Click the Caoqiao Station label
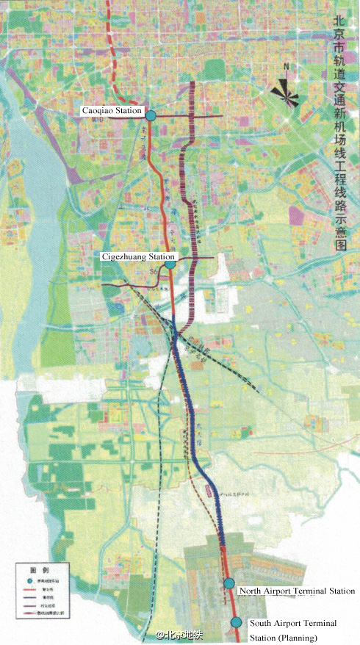(x=112, y=110)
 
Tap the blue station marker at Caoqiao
(x=150, y=115)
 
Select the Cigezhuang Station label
(x=139, y=257)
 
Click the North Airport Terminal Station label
(x=297, y=591)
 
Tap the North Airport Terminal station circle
(x=229, y=583)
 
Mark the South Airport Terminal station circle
(x=236, y=622)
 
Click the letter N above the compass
(x=288, y=68)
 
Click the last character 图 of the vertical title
(x=339, y=246)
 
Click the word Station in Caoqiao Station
(x=129, y=110)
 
